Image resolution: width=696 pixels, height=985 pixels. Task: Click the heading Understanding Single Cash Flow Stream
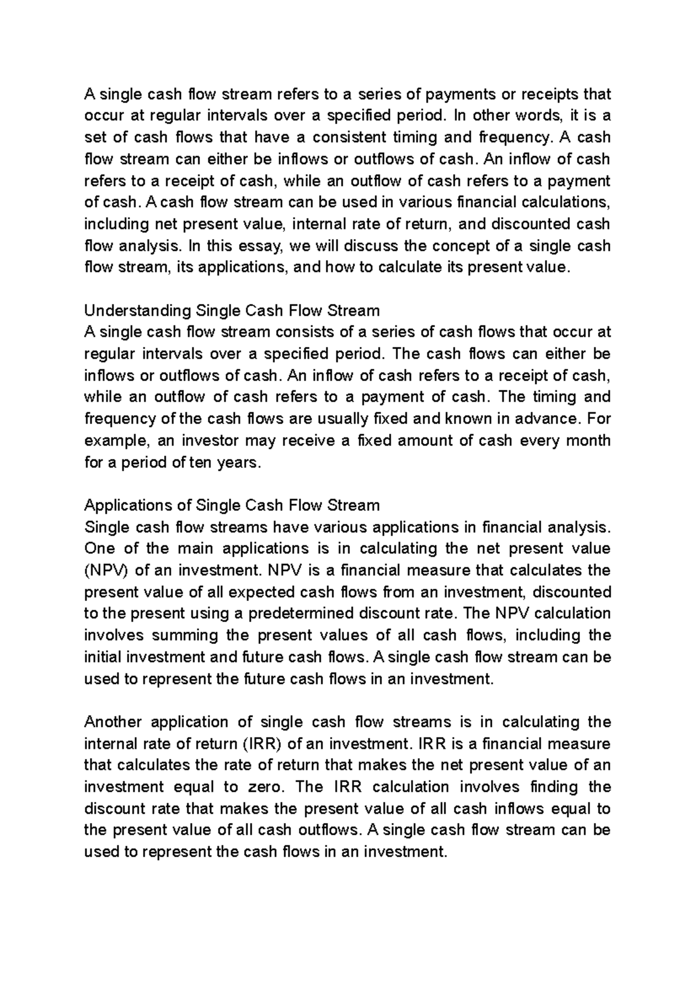pyautogui.click(x=232, y=311)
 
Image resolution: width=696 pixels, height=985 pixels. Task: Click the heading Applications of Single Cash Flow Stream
pyautogui.click(x=232, y=505)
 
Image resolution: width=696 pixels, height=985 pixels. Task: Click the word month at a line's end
pyautogui.click(x=588, y=441)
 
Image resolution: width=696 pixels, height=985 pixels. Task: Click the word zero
pyautogui.click(x=266, y=787)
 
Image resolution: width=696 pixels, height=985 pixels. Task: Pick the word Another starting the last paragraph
pyautogui.click(x=113, y=722)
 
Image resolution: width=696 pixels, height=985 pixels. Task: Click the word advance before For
pyautogui.click(x=553, y=419)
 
